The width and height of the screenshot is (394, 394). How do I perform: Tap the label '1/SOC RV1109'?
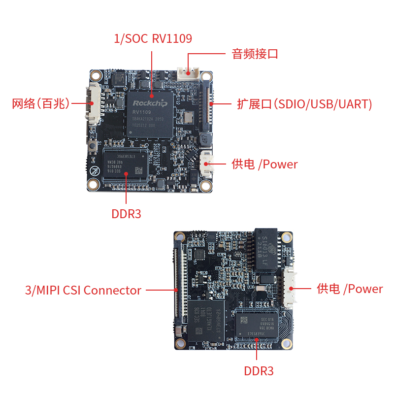[153, 38]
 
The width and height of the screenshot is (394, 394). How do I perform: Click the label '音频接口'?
[255, 54]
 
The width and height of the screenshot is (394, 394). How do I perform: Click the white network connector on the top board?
[93, 103]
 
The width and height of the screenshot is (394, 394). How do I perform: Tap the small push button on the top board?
[93, 145]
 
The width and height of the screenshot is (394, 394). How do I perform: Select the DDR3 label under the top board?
[126, 214]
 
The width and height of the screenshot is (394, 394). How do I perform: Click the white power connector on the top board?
[207, 163]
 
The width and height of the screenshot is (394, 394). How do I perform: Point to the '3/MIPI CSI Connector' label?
[83, 290]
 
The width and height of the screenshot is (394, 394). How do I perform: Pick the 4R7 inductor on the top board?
[205, 140]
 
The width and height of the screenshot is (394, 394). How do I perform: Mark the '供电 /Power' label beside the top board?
[264, 164]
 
